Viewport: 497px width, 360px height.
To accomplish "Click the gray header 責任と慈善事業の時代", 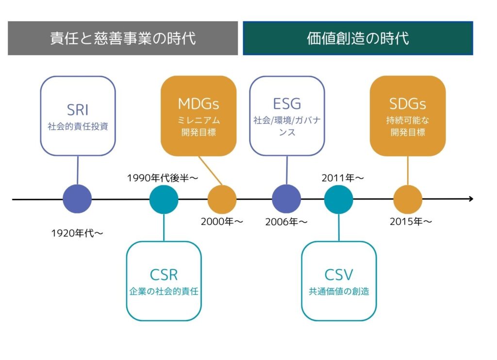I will tap(123, 38).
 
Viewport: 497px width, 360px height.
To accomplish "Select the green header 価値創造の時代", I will tap(358, 38).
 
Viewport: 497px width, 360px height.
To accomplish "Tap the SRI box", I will tap(78, 115).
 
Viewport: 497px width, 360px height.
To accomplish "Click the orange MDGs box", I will tap(199, 115).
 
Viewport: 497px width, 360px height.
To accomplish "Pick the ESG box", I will tap(287, 115).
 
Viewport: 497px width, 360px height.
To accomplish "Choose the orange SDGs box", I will tap(408, 115).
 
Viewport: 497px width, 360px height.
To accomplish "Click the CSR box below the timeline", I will tap(164, 281).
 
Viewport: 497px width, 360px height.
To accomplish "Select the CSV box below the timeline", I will tap(339, 281).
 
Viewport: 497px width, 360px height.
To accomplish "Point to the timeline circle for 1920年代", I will tap(77, 199).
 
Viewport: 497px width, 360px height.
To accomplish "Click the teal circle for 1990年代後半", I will tap(164, 199).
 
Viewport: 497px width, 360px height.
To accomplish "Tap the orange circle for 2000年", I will tap(222, 199).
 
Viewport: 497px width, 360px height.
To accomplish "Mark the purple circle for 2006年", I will tap(286, 199).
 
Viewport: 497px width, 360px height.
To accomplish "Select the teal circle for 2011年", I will tap(338, 199).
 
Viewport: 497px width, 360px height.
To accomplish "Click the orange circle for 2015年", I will tap(407, 199).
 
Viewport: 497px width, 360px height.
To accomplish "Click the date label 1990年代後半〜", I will tap(163, 178).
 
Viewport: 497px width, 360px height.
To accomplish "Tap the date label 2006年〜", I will tap(286, 222).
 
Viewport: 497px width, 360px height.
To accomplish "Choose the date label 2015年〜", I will tap(411, 222).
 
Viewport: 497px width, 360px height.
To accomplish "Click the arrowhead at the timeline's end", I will tap(470, 199).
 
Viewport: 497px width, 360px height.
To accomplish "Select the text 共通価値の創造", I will tap(339, 292).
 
